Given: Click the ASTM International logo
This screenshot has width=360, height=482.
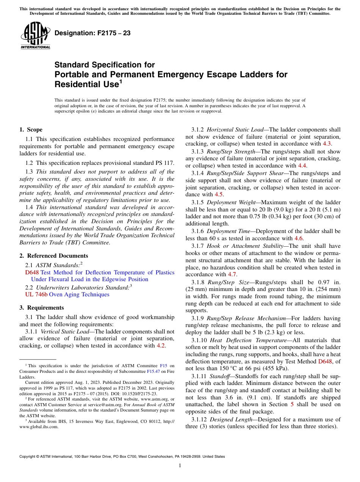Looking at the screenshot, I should point(35,36).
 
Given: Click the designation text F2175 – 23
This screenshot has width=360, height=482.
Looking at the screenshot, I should point(92,33).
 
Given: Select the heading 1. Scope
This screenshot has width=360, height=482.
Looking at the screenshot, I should point(31,130).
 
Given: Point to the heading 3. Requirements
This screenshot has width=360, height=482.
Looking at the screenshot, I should point(42,308).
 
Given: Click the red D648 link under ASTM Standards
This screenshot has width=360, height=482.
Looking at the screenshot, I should point(32,272).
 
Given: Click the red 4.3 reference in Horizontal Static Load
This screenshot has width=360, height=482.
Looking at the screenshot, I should point(327,144).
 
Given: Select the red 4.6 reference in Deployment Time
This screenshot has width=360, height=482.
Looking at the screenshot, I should point(299,238).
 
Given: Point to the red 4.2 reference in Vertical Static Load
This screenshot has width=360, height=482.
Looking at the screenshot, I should point(161,346).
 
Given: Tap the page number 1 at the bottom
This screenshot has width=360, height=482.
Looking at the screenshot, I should point(180,466).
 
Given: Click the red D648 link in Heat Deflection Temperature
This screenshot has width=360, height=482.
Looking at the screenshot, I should point(326,361).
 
